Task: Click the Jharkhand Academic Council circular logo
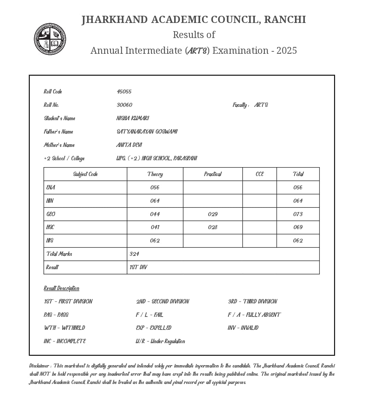coord(50,39)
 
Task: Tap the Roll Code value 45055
coord(124,91)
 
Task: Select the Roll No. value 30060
coord(124,105)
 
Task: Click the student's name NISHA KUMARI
coord(133,118)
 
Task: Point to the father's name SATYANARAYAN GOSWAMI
coord(147,132)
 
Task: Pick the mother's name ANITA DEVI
coord(129,145)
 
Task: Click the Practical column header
coord(213,174)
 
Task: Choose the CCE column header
coord(260,174)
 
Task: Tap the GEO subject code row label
coord(51,214)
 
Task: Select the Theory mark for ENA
coord(155,187)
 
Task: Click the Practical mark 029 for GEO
coord(213,214)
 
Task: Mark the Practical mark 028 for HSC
coord(213,227)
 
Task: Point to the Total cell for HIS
coord(298,240)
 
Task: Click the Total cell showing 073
coord(298,214)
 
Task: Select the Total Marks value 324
coord(134,254)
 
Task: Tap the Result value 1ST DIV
coord(138,267)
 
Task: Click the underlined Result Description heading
coord(61,288)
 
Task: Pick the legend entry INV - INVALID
coord(243,328)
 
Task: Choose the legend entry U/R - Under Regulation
coord(160,341)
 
